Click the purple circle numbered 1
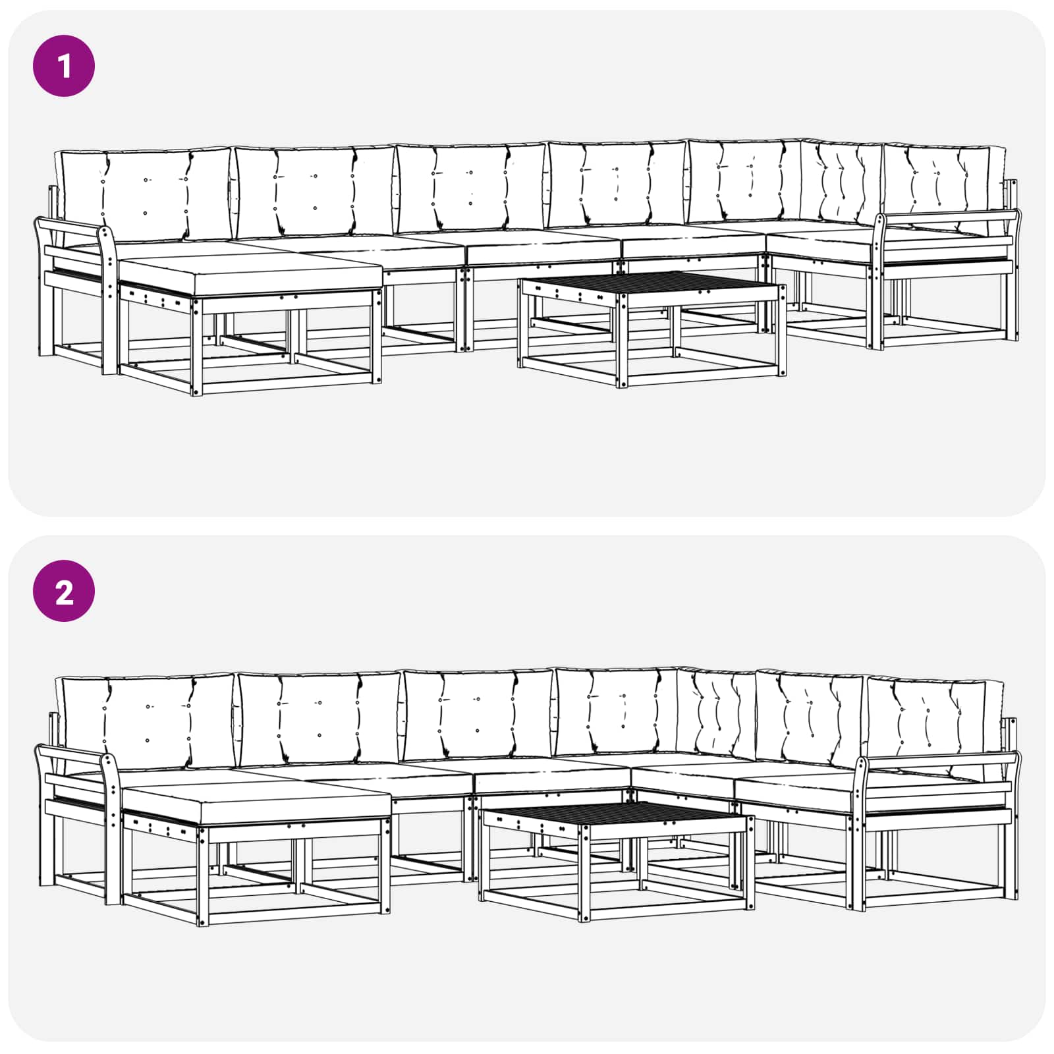pos(64,66)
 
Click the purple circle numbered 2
pos(64,591)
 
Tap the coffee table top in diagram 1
pos(652,285)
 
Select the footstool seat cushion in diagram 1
pos(250,271)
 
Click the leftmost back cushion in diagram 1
pos(145,194)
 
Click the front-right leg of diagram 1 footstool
pos(377,336)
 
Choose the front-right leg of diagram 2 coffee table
pos(749,863)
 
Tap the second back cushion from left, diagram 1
pos(315,191)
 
